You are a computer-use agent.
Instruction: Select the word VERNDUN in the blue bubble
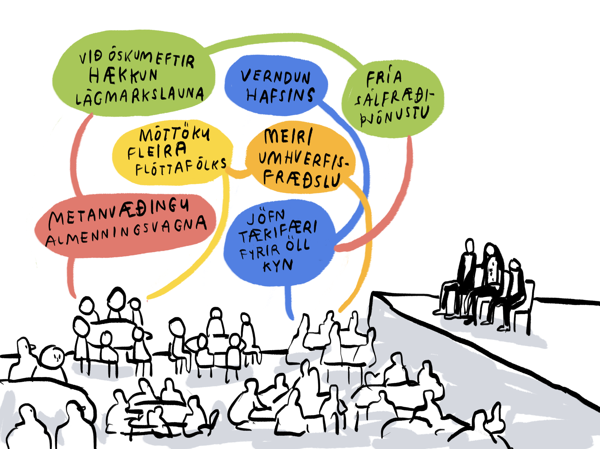tap(276, 77)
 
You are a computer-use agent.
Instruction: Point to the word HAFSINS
tap(280, 95)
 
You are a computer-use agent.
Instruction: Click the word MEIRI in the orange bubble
tap(288, 136)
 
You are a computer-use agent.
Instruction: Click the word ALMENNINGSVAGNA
tap(126, 232)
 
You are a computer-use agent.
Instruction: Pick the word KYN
tap(278, 265)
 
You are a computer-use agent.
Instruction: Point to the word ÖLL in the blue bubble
tap(298, 245)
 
